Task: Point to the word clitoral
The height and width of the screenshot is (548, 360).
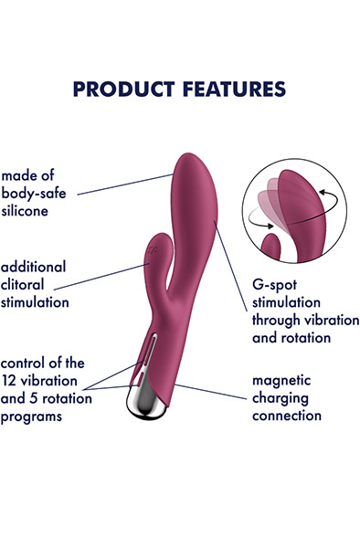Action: click(28, 283)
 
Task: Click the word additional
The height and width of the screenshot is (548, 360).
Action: click(34, 266)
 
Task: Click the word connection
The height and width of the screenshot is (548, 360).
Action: click(288, 416)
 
